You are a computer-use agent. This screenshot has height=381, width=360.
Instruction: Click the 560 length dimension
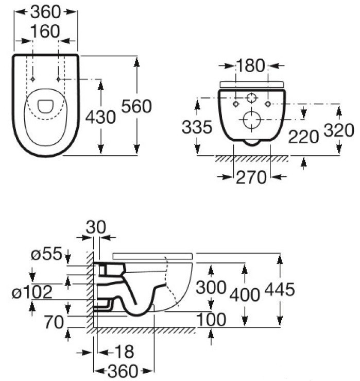click(x=136, y=106)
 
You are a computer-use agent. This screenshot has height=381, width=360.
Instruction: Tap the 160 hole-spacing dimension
click(x=45, y=32)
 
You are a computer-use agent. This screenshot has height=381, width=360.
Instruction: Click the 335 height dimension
click(x=197, y=127)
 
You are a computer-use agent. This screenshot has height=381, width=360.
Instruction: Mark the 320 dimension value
click(x=339, y=129)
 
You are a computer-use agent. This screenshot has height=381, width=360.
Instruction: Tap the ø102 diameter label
click(x=32, y=292)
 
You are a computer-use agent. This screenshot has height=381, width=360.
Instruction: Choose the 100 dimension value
click(x=211, y=320)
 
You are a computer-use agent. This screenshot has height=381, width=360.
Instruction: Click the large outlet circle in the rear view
click(x=251, y=120)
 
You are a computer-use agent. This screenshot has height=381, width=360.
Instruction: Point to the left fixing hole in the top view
click(x=32, y=79)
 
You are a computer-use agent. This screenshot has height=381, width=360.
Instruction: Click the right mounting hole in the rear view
click(x=268, y=104)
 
